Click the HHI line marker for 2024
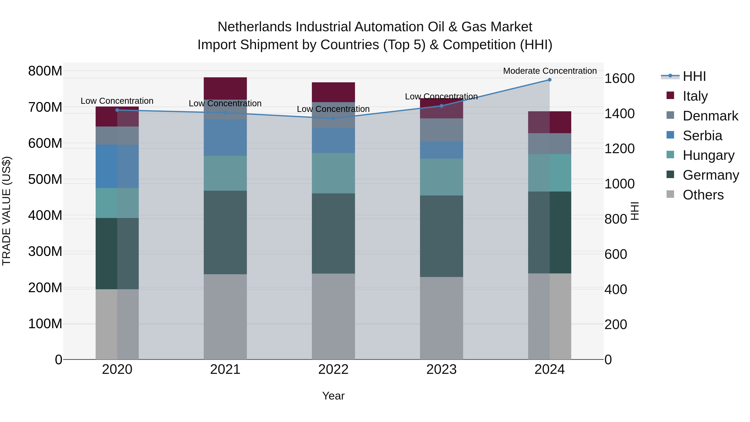549,80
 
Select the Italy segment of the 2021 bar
225,88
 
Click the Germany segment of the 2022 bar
333,233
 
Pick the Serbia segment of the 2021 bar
225,138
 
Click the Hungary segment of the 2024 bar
549,173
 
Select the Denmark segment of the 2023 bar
441,130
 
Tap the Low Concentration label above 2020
117,101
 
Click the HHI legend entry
694,76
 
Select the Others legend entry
703,195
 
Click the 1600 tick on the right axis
619,78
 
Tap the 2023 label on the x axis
441,369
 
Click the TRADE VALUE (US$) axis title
7,211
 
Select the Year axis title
333,396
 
